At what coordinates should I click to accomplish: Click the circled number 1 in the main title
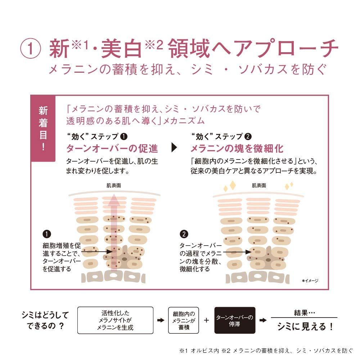pos(31,49)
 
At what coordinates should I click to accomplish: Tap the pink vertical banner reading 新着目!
pos(43,128)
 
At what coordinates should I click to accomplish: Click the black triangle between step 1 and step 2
pos(174,147)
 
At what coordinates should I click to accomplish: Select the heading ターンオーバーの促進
pos(112,148)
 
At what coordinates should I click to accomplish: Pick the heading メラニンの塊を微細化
pos(237,148)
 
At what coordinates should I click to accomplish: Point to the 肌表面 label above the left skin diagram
pos(114,185)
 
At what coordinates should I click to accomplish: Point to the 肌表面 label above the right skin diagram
pos(259,185)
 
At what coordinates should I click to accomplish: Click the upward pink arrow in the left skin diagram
pos(114,232)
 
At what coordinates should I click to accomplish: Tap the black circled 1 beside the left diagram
pos(47,234)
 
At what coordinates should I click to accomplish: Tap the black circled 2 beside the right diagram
pos(184,234)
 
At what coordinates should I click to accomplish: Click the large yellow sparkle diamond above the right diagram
pos(233,185)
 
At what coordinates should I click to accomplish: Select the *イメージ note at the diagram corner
pos(310,280)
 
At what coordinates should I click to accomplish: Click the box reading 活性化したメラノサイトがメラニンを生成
pos(115,320)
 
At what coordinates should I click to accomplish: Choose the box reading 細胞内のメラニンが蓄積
pos(184,320)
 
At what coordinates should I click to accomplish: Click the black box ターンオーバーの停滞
pos(235,320)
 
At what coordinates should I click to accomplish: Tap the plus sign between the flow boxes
pos(206,320)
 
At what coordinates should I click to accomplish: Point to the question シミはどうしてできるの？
pos(45,320)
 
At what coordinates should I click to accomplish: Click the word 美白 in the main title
pos(121,49)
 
